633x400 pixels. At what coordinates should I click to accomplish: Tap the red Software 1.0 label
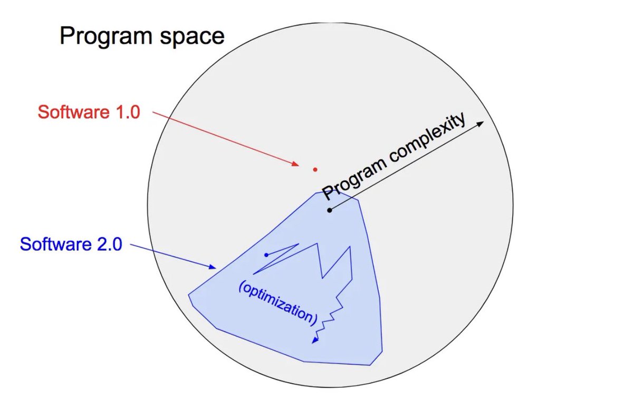pos(89,112)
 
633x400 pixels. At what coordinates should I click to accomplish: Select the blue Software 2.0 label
pos(71,244)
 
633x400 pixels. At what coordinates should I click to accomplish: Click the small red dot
pos(315,169)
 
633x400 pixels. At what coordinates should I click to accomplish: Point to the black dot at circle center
pos(330,210)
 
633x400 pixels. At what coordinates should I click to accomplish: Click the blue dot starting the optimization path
pos(266,255)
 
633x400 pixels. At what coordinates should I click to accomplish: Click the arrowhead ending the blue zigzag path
pos(314,341)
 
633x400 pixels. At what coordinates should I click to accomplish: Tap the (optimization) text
pos(278,302)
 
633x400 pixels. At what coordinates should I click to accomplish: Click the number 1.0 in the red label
pos(125,112)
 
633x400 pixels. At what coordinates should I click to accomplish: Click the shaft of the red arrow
pos(227,139)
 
